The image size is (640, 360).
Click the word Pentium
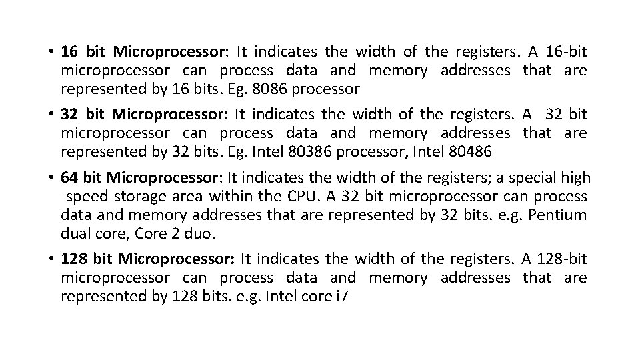pyautogui.click(x=559, y=215)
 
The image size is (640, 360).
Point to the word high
pyautogui.click(x=576, y=178)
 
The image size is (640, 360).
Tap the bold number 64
pyautogui.click(x=68, y=178)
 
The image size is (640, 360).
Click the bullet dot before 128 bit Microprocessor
pyautogui.click(x=51, y=259)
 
